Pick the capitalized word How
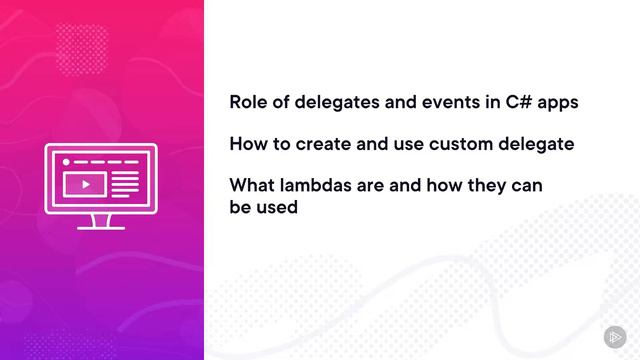(248, 144)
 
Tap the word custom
(465, 144)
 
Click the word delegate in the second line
(540, 144)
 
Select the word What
(253, 186)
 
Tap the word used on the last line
(277, 208)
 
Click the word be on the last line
(240, 208)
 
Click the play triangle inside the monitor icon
(87, 184)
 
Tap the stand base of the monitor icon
(101, 225)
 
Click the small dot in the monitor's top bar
(66, 160)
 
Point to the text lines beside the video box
(124, 183)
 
